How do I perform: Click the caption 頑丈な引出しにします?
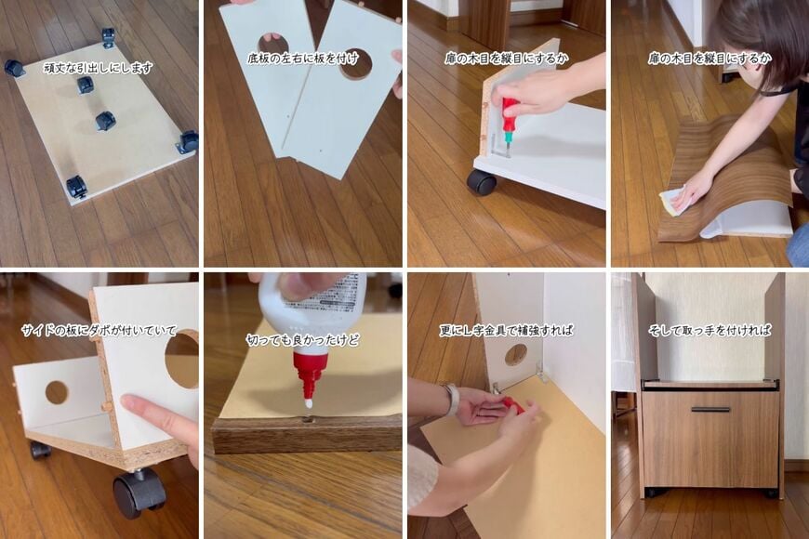(x=99, y=68)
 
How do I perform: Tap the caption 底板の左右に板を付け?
(x=302, y=59)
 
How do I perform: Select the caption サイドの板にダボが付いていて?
(x=99, y=331)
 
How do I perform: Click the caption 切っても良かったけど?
(x=302, y=340)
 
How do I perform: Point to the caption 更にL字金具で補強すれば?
(x=506, y=331)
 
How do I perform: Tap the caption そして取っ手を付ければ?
(x=710, y=331)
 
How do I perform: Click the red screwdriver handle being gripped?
(x=509, y=110)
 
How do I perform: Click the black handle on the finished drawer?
(x=710, y=410)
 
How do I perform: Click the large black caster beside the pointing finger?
(x=139, y=493)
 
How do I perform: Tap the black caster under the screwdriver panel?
(x=482, y=182)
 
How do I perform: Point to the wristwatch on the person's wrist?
(x=451, y=399)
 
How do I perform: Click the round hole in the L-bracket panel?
(x=515, y=355)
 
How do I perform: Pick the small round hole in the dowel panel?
(x=57, y=393)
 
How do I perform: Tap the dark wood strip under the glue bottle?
(x=307, y=436)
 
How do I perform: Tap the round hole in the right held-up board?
(x=356, y=64)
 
